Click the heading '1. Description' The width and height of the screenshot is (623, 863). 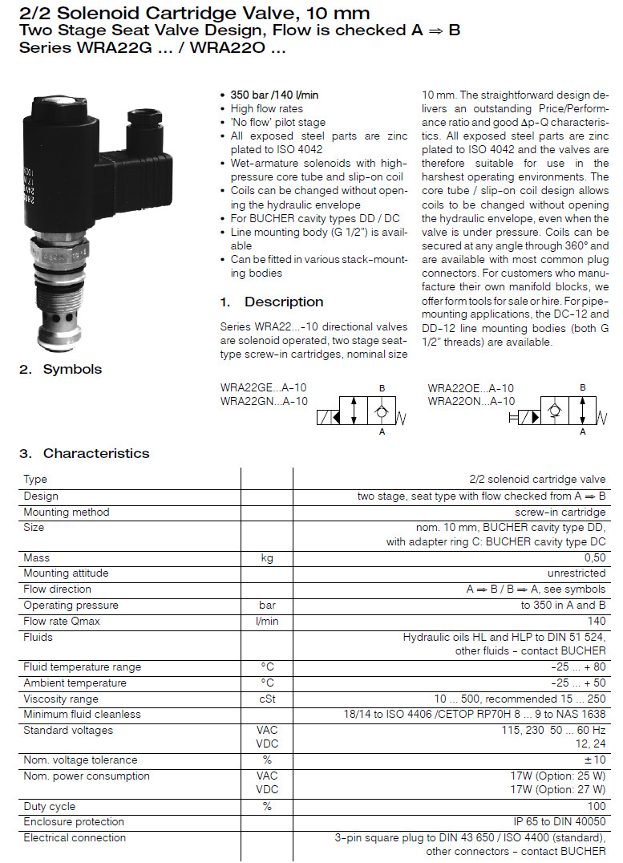[x=271, y=302]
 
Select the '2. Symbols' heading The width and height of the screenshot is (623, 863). [x=60, y=369]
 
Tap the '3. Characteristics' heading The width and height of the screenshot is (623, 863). [x=84, y=453]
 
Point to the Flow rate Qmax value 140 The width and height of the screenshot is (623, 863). [x=597, y=621]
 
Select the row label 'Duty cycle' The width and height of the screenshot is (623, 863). [x=50, y=806]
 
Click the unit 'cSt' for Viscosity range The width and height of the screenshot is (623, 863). [x=267, y=699]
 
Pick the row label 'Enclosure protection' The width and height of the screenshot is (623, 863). [x=74, y=821]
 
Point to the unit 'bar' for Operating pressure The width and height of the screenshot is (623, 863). [x=267, y=605]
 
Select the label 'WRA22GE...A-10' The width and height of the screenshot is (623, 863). [x=263, y=387]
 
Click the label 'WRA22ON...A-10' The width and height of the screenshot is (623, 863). [x=471, y=401]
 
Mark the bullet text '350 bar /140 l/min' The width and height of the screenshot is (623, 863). [x=274, y=95]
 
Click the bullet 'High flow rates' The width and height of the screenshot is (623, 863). [x=267, y=108]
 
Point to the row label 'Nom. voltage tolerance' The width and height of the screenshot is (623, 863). [x=80, y=760]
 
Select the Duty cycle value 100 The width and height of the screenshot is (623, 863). [x=597, y=806]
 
